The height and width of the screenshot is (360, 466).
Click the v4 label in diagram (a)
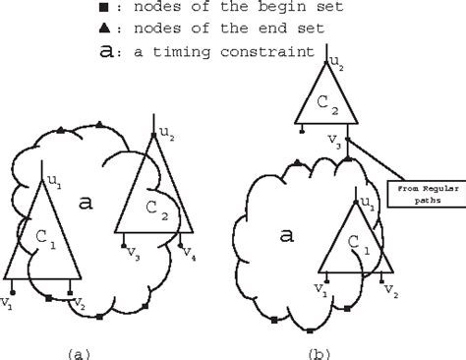[188, 254]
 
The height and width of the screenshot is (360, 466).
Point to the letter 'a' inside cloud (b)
[260, 236]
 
